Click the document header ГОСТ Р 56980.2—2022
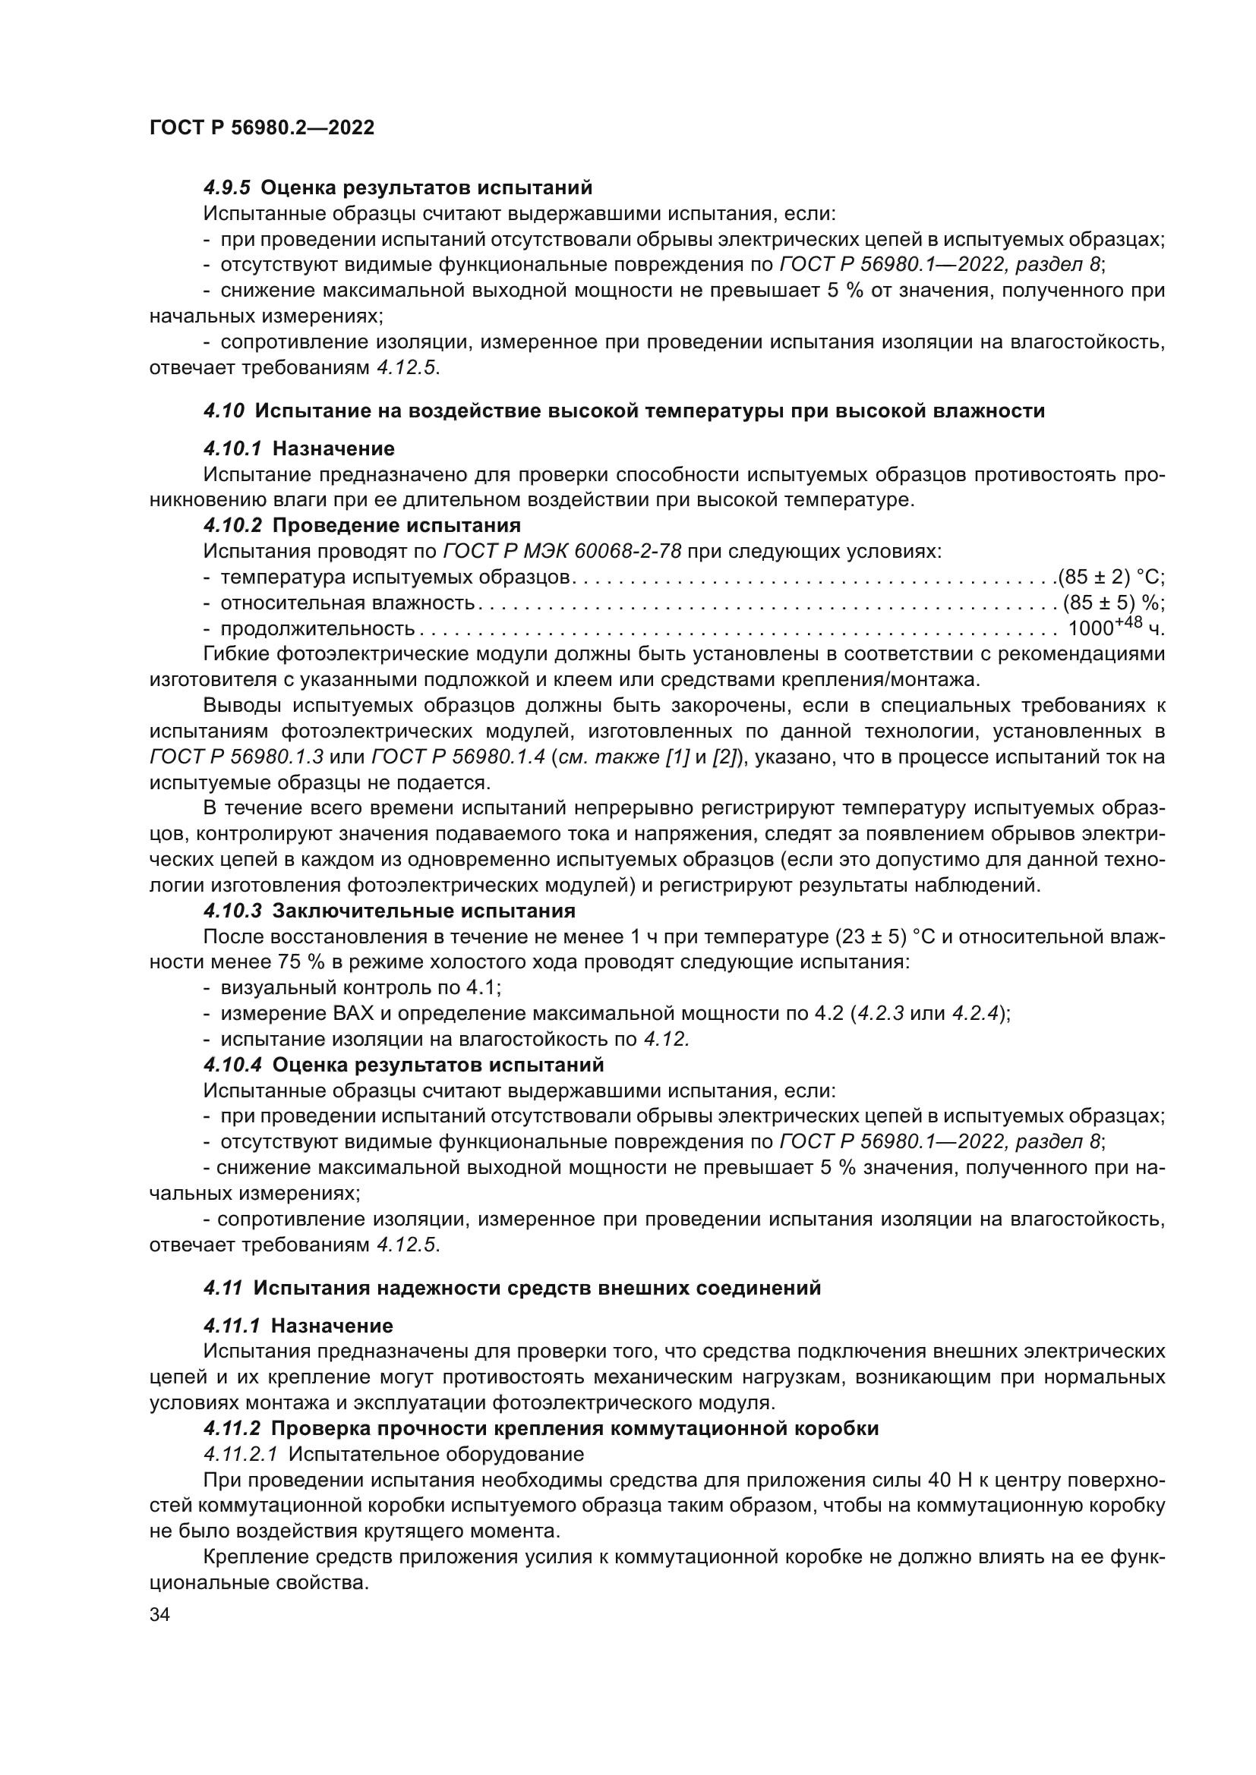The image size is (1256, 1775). pyautogui.click(x=261, y=128)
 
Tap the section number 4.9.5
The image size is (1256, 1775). pyautogui.click(x=226, y=188)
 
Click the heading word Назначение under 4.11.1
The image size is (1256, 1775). pyautogui.click(x=332, y=1327)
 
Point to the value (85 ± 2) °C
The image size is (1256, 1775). pyautogui.click(x=1111, y=577)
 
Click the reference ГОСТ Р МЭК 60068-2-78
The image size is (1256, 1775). pyautogui.click(x=562, y=551)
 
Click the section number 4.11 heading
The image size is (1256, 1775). pyautogui.click(x=223, y=1288)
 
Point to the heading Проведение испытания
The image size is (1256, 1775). pyautogui.click(x=396, y=526)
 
